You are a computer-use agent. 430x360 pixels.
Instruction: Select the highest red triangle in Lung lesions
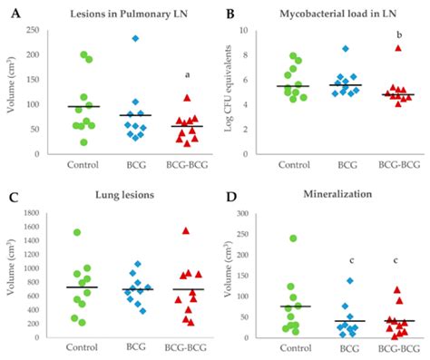(x=186, y=230)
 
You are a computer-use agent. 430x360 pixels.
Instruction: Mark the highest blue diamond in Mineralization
(x=348, y=280)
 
